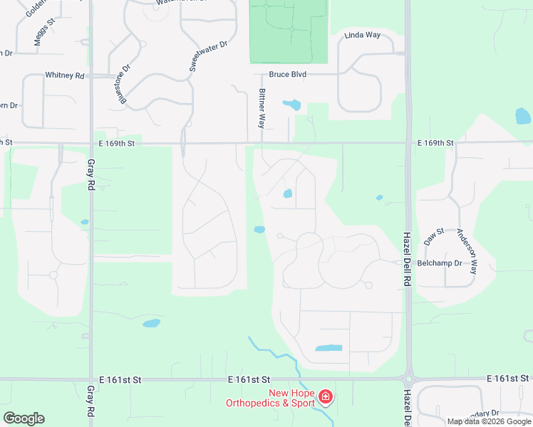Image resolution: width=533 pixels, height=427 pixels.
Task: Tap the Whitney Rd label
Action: [x=64, y=75]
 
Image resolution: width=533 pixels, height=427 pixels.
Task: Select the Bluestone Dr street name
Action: [x=125, y=85]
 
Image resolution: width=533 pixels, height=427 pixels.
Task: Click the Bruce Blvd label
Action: [x=288, y=75]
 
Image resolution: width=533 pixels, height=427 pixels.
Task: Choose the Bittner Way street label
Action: [x=262, y=108]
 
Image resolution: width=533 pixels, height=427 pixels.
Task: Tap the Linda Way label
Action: [x=363, y=35]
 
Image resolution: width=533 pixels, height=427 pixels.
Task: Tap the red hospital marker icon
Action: [x=326, y=396]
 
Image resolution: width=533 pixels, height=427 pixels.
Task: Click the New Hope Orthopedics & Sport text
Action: [x=270, y=399]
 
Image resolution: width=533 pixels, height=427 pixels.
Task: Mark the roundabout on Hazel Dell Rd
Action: [x=408, y=379]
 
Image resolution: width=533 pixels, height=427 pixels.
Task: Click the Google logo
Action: [x=24, y=418]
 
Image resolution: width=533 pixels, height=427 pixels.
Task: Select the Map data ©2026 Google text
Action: [x=489, y=421]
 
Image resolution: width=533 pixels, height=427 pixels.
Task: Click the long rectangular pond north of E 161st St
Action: [x=328, y=349]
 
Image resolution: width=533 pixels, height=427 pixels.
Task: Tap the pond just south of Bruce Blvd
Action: [x=292, y=105]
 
